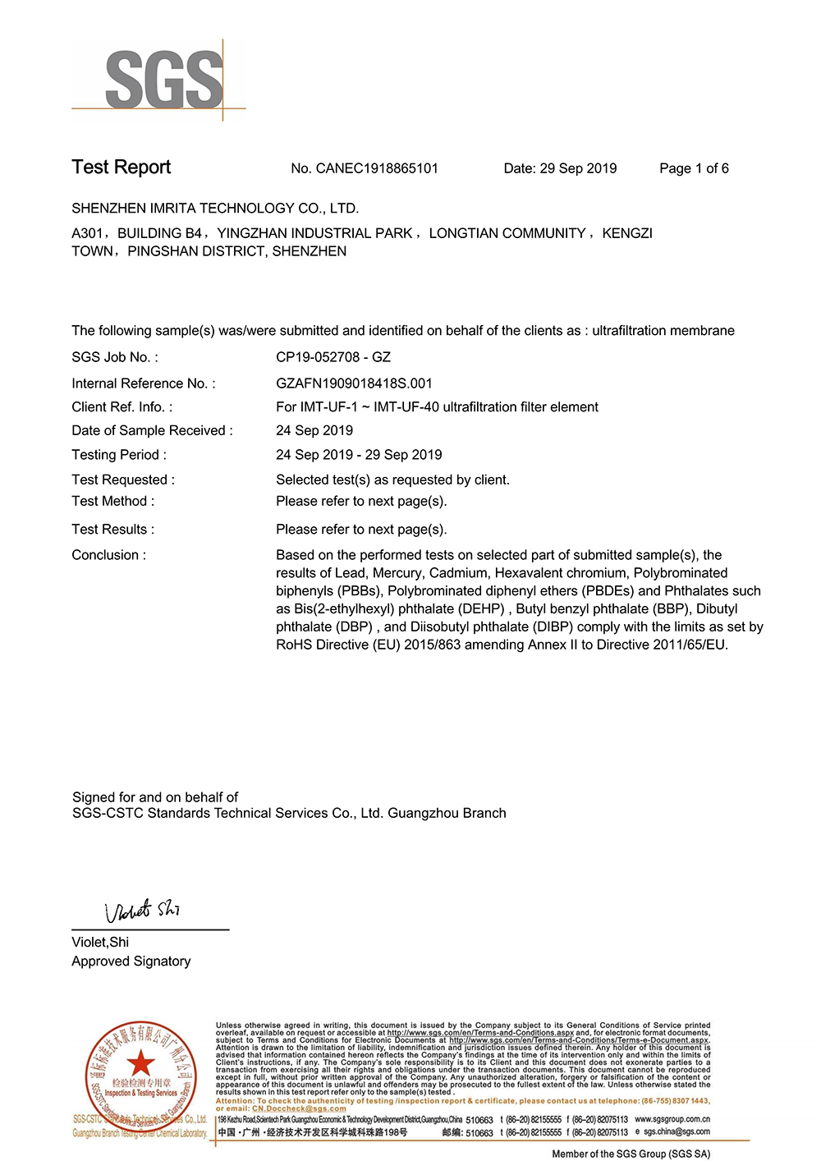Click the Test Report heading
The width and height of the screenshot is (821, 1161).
(121, 167)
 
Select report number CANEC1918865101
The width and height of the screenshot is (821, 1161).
(377, 168)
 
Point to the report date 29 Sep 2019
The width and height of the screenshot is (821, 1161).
(578, 168)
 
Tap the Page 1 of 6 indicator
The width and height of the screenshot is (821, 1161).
(694, 168)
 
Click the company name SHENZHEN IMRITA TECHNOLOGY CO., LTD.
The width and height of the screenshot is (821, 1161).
(215, 209)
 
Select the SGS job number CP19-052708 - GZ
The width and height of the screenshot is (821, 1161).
(333, 357)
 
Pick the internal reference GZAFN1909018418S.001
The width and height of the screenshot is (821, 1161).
(354, 383)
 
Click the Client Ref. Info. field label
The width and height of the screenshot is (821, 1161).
(122, 407)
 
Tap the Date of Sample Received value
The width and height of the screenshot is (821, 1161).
(314, 430)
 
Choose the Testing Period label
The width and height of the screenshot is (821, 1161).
(118, 455)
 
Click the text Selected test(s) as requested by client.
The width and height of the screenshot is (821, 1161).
(392, 480)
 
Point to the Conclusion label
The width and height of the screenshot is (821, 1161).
(108, 555)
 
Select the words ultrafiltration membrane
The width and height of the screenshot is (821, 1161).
(663, 331)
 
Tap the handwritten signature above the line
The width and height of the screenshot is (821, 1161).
(142, 911)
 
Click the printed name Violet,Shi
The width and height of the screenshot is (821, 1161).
(100, 942)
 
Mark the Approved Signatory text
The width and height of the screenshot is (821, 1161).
(131, 961)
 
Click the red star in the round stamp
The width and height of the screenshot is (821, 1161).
(141, 1063)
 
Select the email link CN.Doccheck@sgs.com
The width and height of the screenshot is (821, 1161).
(299, 1108)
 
